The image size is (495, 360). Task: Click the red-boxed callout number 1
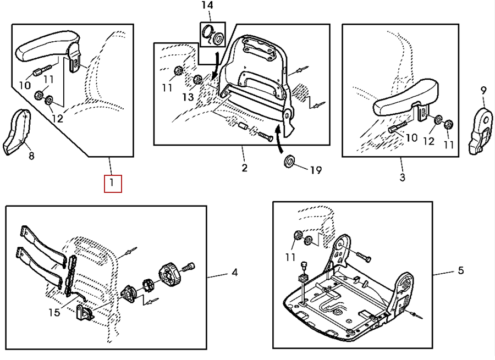[x=113, y=184]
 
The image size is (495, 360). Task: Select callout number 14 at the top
[x=207, y=5]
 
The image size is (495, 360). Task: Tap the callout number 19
[x=315, y=170]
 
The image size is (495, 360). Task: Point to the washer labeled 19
[x=289, y=161]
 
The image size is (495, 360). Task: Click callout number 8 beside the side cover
[x=31, y=156]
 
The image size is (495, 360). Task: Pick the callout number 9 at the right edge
[x=483, y=91]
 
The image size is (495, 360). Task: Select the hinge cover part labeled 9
[x=480, y=131]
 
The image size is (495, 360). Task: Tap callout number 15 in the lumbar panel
[x=54, y=312]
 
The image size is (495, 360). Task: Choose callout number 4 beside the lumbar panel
[x=234, y=272]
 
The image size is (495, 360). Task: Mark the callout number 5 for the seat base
[x=460, y=270]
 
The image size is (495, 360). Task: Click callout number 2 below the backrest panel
[x=244, y=168]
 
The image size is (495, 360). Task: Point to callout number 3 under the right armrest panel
[x=402, y=178]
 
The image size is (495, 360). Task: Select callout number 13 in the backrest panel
[x=188, y=97]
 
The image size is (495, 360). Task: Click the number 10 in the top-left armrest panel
[x=25, y=85]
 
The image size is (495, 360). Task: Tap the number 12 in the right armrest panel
[x=428, y=141]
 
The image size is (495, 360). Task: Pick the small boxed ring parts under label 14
[x=213, y=35]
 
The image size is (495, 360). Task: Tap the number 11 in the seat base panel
[x=290, y=257]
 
